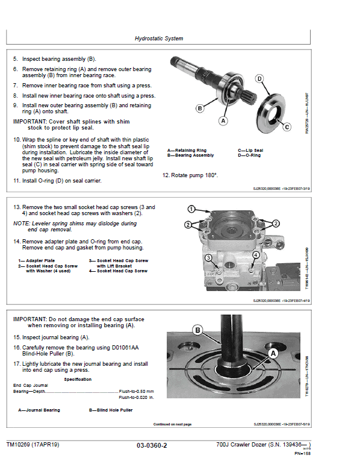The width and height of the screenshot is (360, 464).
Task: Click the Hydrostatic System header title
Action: tap(159, 39)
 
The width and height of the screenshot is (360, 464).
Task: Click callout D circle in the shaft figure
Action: tap(259, 79)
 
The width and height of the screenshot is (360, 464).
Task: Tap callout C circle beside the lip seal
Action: tap(287, 127)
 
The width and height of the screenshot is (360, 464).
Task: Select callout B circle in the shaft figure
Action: tap(200, 108)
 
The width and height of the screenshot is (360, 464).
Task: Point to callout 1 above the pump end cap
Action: tap(191, 210)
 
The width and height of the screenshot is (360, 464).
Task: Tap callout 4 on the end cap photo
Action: tap(255, 255)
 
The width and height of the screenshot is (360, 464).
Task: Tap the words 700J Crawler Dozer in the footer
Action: tap(244, 445)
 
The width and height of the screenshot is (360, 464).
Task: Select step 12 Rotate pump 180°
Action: tap(190, 175)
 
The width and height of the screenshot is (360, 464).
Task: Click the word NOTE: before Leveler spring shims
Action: tap(22, 224)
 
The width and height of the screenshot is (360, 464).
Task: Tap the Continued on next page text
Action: tap(172, 424)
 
